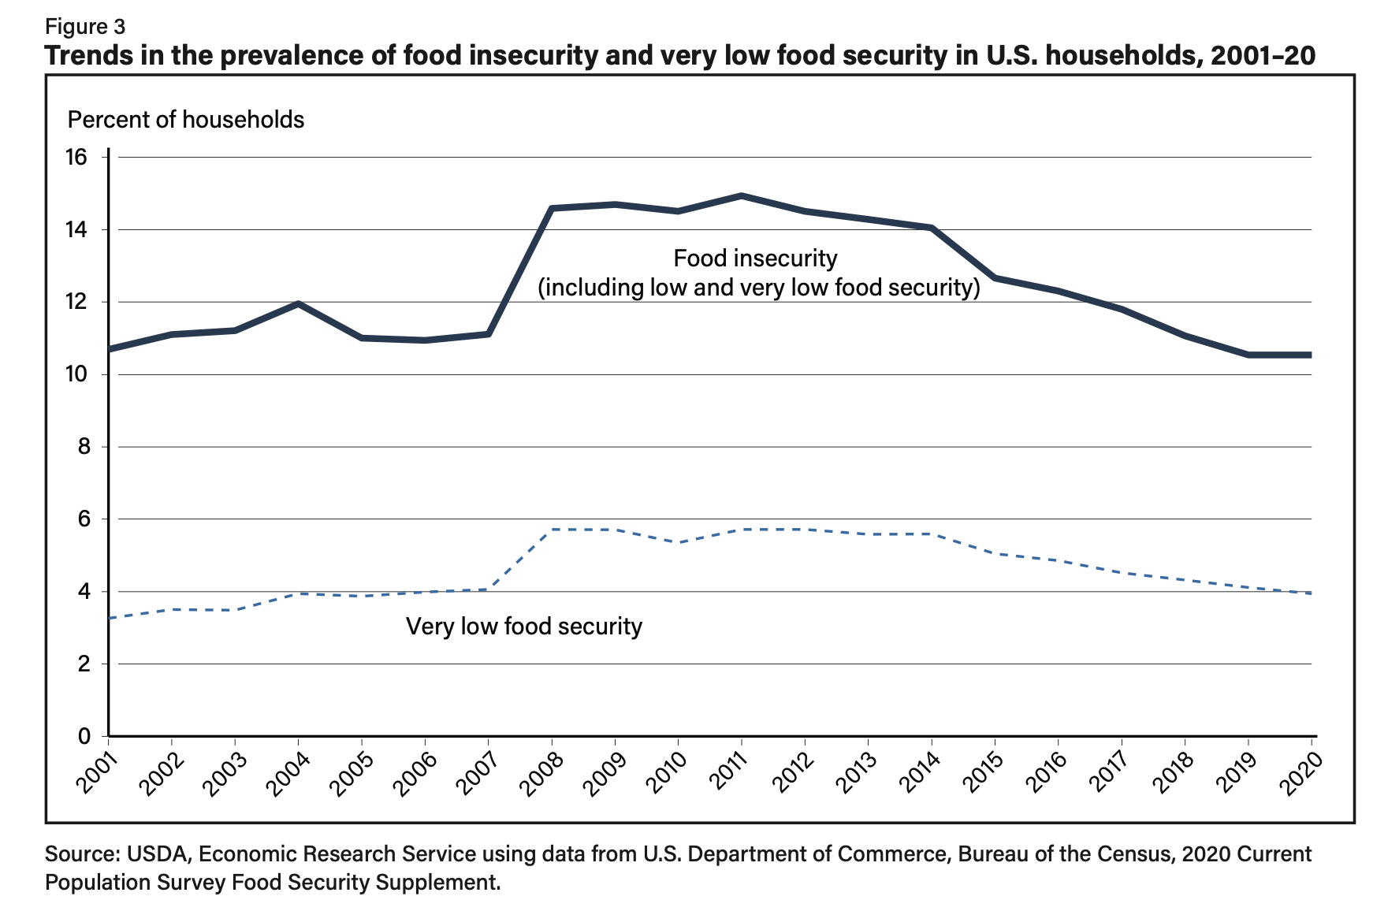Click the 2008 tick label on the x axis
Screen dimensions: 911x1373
tap(545, 772)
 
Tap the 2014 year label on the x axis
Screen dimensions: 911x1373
tap(925, 772)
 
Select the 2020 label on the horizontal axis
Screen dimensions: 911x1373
tap(1304, 772)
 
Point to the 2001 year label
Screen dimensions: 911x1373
tap(101, 772)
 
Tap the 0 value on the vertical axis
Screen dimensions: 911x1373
tap(84, 736)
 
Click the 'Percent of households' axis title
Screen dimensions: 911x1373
tap(186, 120)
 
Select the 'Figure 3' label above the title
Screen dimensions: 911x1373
tap(85, 27)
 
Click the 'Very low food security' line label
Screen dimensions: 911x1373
tap(524, 627)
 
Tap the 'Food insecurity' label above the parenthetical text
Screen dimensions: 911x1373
tap(755, 258)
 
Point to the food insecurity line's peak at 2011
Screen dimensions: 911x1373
tap(741, 195)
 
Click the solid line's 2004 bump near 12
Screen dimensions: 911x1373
tap(298, 303)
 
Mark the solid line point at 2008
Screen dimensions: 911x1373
tap(551, 208)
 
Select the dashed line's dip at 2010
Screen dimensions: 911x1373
tap(678, 542)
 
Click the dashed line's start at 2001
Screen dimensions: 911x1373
tap(110, 618)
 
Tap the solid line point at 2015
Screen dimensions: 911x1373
tap(995, 277)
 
